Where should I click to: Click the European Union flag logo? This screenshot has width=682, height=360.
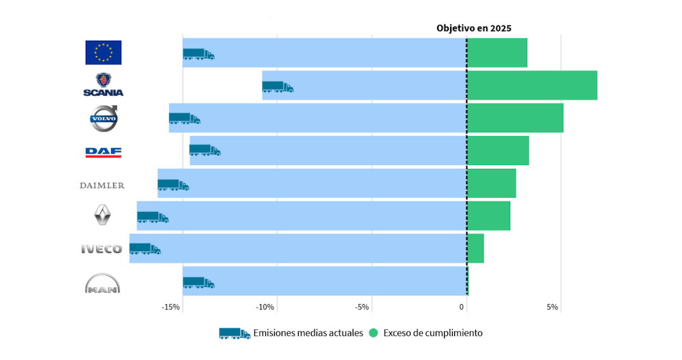104,52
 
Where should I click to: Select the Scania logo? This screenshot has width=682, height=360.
104,85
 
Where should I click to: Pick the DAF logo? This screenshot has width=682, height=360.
104,151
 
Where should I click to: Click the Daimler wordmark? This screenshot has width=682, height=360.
102,185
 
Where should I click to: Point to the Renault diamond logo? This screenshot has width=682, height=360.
102,216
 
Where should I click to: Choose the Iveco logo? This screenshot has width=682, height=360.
102,249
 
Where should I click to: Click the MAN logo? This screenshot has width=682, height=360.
102,283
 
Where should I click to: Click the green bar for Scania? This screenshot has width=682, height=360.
532,85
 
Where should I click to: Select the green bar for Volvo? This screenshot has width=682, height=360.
515,118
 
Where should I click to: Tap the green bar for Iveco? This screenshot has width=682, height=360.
475,248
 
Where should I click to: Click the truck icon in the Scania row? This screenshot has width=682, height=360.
278,87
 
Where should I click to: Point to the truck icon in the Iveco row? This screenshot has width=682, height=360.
145,249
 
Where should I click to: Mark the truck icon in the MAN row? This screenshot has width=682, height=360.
198,282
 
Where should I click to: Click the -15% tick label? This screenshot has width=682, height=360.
170,307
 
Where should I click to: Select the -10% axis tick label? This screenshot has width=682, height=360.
265,307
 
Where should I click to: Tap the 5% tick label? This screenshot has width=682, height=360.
552,307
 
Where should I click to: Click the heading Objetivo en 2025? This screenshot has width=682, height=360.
474,29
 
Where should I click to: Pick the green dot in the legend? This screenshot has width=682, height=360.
373,333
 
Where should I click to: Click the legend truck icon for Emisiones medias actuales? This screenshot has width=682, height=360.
234,333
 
